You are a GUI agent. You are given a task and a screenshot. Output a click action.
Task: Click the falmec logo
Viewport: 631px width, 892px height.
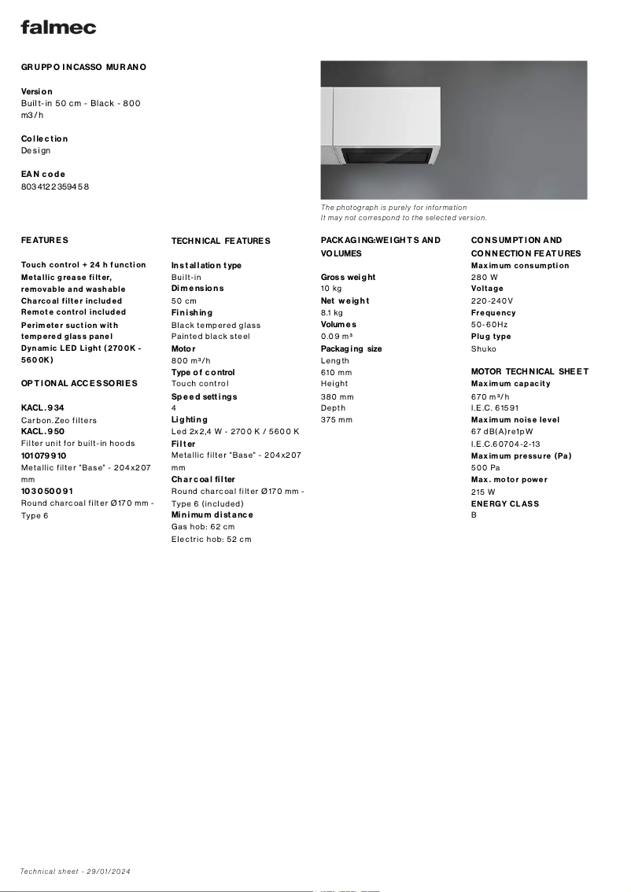pyautogui.click(x=58, y=28)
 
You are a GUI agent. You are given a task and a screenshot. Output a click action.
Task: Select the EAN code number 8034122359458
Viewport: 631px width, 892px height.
pyautogui.click(x=55, y=186)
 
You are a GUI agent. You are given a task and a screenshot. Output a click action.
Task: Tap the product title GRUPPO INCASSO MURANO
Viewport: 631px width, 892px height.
pyautogui.click(x=83, y=68)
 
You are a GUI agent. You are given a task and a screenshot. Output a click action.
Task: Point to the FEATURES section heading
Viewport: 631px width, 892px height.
pyautogui.click(x=45, y=240)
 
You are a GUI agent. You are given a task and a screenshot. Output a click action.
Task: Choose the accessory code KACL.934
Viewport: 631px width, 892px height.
pyautogui.click(x=42, y=408)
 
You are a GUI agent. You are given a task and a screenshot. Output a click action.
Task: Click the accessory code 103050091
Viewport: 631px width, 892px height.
pyautogui.click(x=47, y=491)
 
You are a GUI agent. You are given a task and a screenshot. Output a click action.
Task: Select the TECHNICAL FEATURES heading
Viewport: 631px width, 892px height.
pyautogui.click(x=220, y=241)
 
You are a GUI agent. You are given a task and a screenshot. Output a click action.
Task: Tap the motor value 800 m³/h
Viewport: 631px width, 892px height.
pyautogui.click(x=191, y=360)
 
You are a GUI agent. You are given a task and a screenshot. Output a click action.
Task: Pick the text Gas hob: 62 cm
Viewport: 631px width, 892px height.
pyautogui.click(x=203, y=527)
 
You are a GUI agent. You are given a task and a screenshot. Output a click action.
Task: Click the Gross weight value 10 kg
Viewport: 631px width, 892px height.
pyautogui.click(x=331, y=289)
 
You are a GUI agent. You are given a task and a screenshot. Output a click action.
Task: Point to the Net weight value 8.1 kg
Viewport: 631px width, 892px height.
pyautogui.click(x=332, y=313)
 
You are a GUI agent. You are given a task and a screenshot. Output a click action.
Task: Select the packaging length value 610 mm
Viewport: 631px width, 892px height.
pyautogui.click(x=337, y=372)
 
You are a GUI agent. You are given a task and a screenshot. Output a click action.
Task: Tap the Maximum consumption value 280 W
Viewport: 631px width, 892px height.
pyautogui.click(x=485, y=278)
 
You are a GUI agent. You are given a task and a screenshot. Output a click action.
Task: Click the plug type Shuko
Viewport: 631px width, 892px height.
pyautogui.click(x=484, y=349)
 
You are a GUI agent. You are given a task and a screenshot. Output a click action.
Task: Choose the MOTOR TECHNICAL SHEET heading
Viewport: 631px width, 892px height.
pyautogui.click(x=530, y=371)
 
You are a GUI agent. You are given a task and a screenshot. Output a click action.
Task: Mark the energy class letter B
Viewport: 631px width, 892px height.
pyautogui.click(x=474, y=515)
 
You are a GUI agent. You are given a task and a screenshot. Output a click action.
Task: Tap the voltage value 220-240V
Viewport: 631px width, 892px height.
pyautogui.click(x=492, y=301)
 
